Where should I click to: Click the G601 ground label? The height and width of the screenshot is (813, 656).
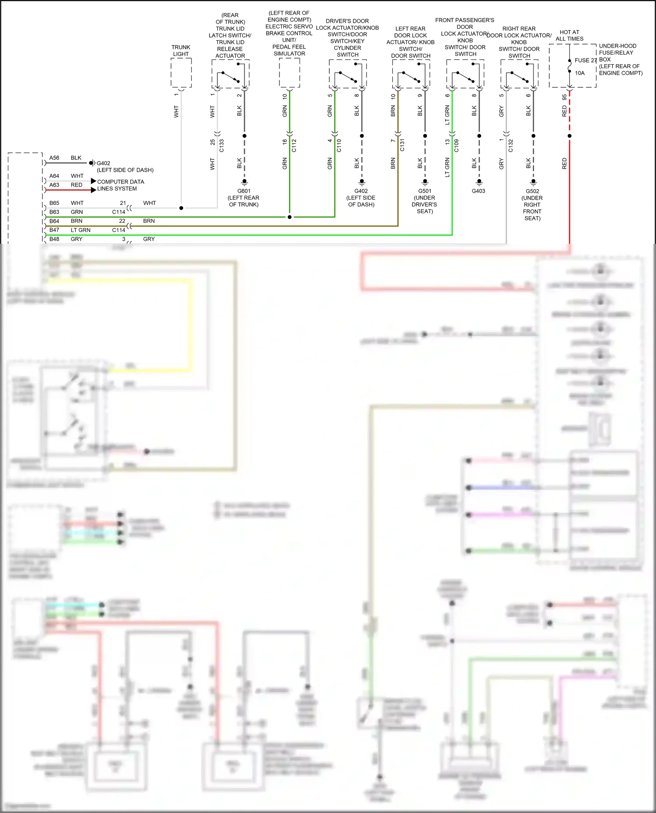click(x=244, y=191)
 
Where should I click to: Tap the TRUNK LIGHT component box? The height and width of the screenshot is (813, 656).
click(x=181, y=73)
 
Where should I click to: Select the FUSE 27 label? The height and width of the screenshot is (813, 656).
click(x=586, y=60)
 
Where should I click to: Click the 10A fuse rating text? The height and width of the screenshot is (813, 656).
click(x=579, y=73)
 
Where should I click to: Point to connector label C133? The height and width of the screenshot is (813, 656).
click(x=221, y=145)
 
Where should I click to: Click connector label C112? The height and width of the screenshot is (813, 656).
click(x=294, y=145)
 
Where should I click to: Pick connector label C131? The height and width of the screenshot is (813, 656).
click(x=402, y=145)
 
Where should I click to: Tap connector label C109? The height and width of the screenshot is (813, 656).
click(x=456, y=145)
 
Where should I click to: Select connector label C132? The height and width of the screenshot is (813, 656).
click(x=510, y=145)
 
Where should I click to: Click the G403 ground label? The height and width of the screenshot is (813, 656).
click(x=478, y=191)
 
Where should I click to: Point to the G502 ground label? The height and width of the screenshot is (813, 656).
click(x=532, y=191)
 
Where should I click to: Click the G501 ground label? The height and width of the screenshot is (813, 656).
click(x=425, y=191)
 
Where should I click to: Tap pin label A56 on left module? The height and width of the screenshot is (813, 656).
click(x=54, y=158)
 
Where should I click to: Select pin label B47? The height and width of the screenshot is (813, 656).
click(x=54, y=230)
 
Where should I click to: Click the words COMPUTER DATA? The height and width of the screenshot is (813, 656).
click(x=120, y=182)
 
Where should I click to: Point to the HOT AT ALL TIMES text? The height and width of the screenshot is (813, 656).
click(x=569, y=35)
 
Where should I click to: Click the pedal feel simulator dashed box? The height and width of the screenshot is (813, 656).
click(x=289, y=73)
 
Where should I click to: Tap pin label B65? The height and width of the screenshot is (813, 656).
click(x=54, y=203)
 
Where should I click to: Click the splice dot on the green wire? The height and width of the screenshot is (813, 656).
click(x=290, y=217)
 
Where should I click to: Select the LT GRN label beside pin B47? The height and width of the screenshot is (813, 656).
click(x=80, y=230)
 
